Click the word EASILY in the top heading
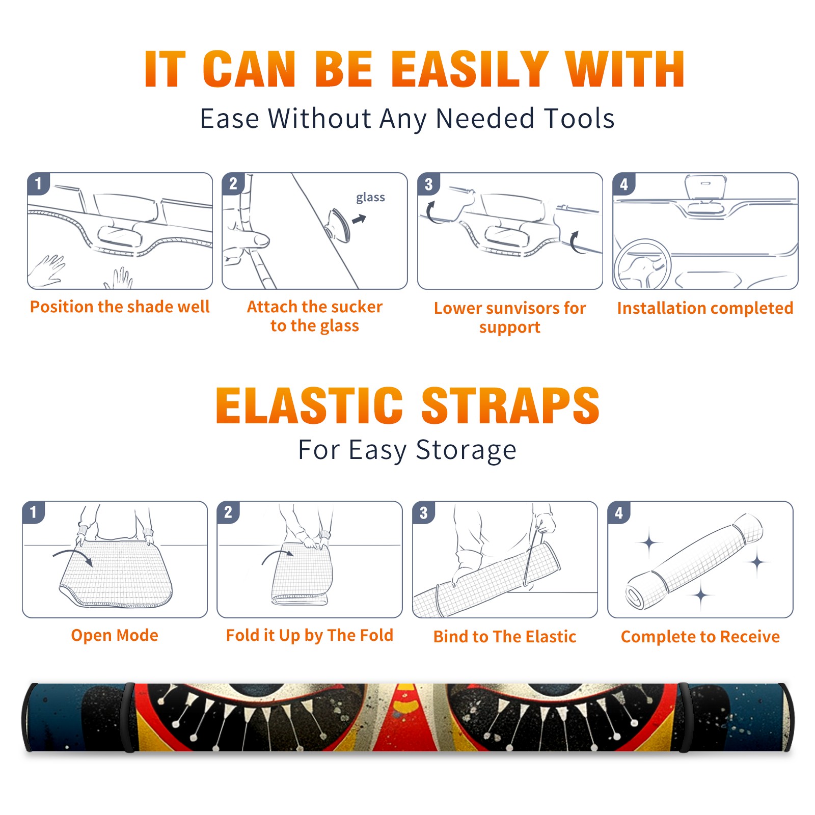tap(469, 69)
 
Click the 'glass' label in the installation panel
tap(370, 198)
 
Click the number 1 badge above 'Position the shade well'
tap(38, 183)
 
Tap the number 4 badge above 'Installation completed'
tap(623, 183)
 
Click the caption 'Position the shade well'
tap(120, 307)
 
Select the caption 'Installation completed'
tap(705, 308)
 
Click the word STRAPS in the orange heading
tap(510, 405)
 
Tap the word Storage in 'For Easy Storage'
tap(466, 450)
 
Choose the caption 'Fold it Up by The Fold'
tap(310, 635)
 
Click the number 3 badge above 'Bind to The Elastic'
tap(423, 512)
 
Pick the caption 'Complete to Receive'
tap(700, 637)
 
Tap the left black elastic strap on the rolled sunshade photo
tap(129, 718)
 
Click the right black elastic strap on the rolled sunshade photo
tap(684, 718)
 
